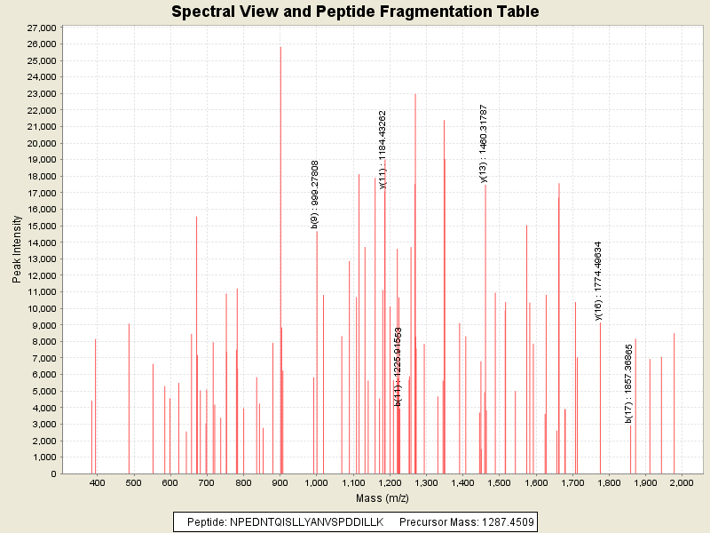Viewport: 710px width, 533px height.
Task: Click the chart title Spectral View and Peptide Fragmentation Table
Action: (355, 12)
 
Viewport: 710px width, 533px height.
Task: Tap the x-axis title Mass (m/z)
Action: (382, 497)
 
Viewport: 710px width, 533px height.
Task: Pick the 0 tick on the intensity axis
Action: (53, 473)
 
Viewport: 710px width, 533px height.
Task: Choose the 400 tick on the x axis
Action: (98, 482)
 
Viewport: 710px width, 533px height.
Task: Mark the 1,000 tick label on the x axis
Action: (317, 482)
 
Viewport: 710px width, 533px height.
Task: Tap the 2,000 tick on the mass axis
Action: (681, 482)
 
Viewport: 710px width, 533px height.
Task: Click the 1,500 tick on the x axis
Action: (499, 482)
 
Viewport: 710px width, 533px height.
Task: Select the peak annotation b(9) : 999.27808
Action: (315, 194)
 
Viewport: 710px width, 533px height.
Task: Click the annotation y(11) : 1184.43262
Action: (383, 149)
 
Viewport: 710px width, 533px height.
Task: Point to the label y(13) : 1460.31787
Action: (484, 143)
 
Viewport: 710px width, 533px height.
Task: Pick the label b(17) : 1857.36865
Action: (628, 382)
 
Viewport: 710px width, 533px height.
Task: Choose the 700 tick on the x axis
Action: (207, 482)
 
